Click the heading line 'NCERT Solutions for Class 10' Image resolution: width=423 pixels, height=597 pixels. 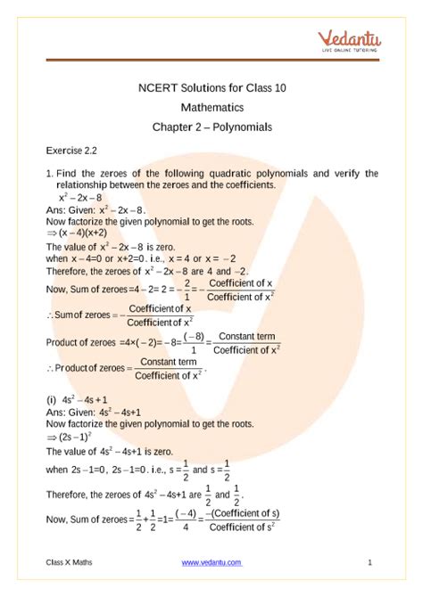point(211,88)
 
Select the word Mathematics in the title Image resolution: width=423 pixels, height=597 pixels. point(211,108)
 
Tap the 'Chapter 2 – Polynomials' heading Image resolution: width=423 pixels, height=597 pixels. point(211,127)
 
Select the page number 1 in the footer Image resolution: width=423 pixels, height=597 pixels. point(369,562)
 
